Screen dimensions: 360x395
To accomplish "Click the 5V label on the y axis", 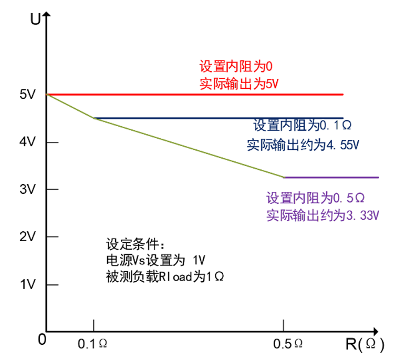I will [27, 95].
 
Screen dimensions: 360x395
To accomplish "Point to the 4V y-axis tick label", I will [27, 142].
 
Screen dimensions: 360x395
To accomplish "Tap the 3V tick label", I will [27, 190].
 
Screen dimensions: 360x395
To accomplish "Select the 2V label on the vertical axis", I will [27, 237].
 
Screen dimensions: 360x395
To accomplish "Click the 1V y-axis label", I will [27, 284].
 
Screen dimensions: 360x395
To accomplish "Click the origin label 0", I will [41, 340].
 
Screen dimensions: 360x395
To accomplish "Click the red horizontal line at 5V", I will [210, 95].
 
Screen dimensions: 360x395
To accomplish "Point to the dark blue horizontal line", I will [210, 118].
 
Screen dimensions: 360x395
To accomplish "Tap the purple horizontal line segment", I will [331, 177].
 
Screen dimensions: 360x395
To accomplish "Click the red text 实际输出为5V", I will [239, 84].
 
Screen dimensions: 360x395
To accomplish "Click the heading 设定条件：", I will [135, 245].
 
